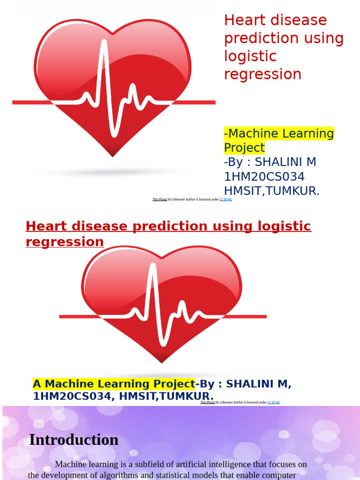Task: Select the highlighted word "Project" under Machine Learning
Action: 244,148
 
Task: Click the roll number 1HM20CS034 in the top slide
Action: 264,177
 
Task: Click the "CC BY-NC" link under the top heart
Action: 226,200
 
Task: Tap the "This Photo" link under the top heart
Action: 160,200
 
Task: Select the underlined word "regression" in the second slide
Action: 65,242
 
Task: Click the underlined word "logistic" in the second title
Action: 283,226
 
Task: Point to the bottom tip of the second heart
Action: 161,361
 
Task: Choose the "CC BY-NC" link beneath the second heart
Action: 274,403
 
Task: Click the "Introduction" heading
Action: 74,440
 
